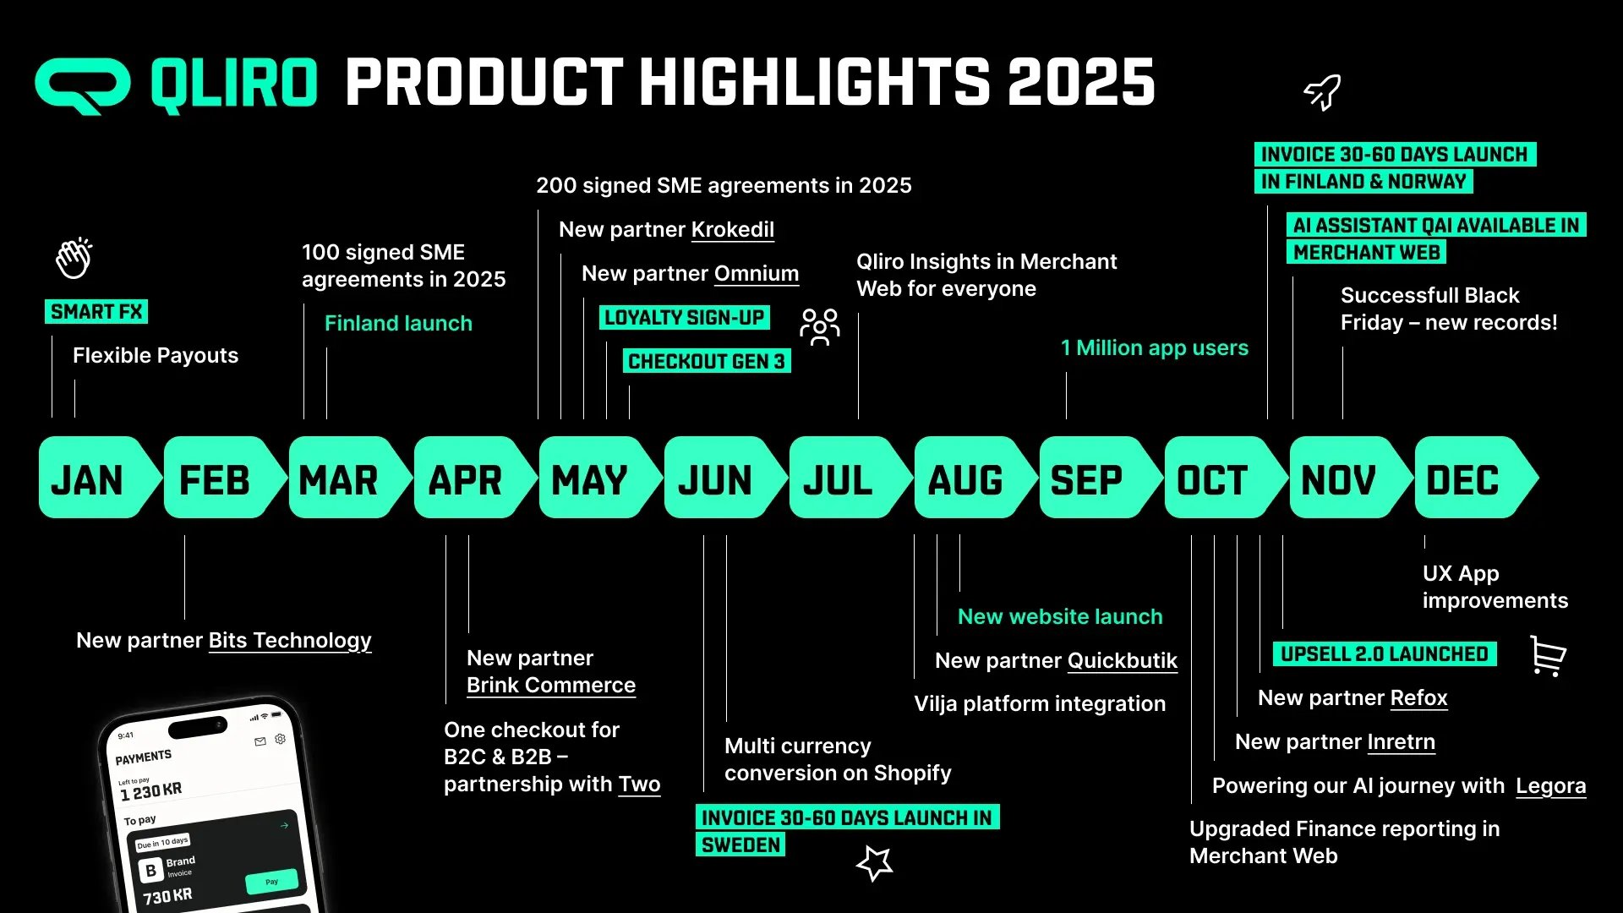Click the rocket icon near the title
coord(1323,91)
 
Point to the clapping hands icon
coord(74,258)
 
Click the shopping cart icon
coord(1549,656)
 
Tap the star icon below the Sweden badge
coord(875,863)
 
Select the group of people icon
coord(820,327)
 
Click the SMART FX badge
coord(96,312)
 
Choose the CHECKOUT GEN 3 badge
coord(707,361)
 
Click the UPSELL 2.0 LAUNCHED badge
coord(1385,654)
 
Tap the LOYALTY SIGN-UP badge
coord(685,318)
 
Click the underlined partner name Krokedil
coord(732,230)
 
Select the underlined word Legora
coord(1551,786)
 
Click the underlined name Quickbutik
coord(1123,661)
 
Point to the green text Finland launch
coord(398,323)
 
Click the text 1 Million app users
coord(1155,347)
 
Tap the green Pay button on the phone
coord(272,881)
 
